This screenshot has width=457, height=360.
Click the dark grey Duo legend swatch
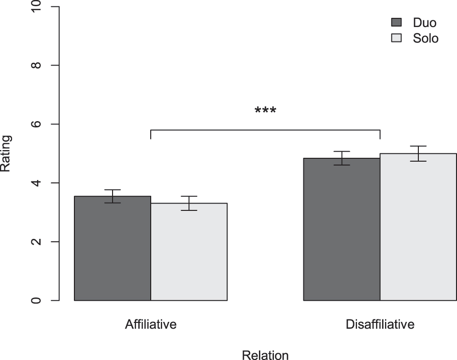[396, 22]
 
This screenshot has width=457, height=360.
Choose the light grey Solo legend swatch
[396, 38]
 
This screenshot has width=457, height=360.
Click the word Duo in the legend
[425, 22]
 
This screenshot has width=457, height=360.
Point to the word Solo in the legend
[426, 38]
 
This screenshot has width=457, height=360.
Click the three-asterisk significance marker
[265, 111]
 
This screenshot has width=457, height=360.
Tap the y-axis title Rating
[6, 153]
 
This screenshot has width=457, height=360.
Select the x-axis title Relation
[265, 356]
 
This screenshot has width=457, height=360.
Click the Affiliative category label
[151, 324]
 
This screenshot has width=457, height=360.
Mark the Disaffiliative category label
[380, 324]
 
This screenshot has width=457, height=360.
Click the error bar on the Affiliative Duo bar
[113, 196]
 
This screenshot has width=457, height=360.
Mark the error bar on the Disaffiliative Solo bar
[418, 153]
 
